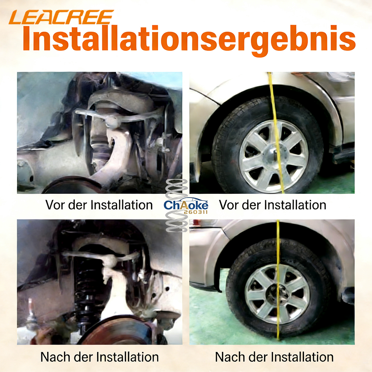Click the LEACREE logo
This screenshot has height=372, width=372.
click(61, 17)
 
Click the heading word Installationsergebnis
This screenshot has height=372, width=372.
click(189, 39)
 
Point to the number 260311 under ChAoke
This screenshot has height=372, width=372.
click(196, 212)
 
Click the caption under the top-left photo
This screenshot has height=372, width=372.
click(99, 205)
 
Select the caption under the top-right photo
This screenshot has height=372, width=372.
click(273, 205)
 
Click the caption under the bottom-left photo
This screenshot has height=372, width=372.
click(100, 357)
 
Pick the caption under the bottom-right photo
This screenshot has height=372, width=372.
click(274, 357)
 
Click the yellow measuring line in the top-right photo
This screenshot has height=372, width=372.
click(276, 133)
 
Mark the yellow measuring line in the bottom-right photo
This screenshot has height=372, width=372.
click(278, 280)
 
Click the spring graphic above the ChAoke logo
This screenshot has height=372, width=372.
click(177, 189)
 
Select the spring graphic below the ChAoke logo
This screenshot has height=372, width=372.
click(177, 222)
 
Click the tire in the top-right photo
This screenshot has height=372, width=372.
click(267, 145)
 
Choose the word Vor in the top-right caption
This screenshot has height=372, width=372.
click(228, 205)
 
